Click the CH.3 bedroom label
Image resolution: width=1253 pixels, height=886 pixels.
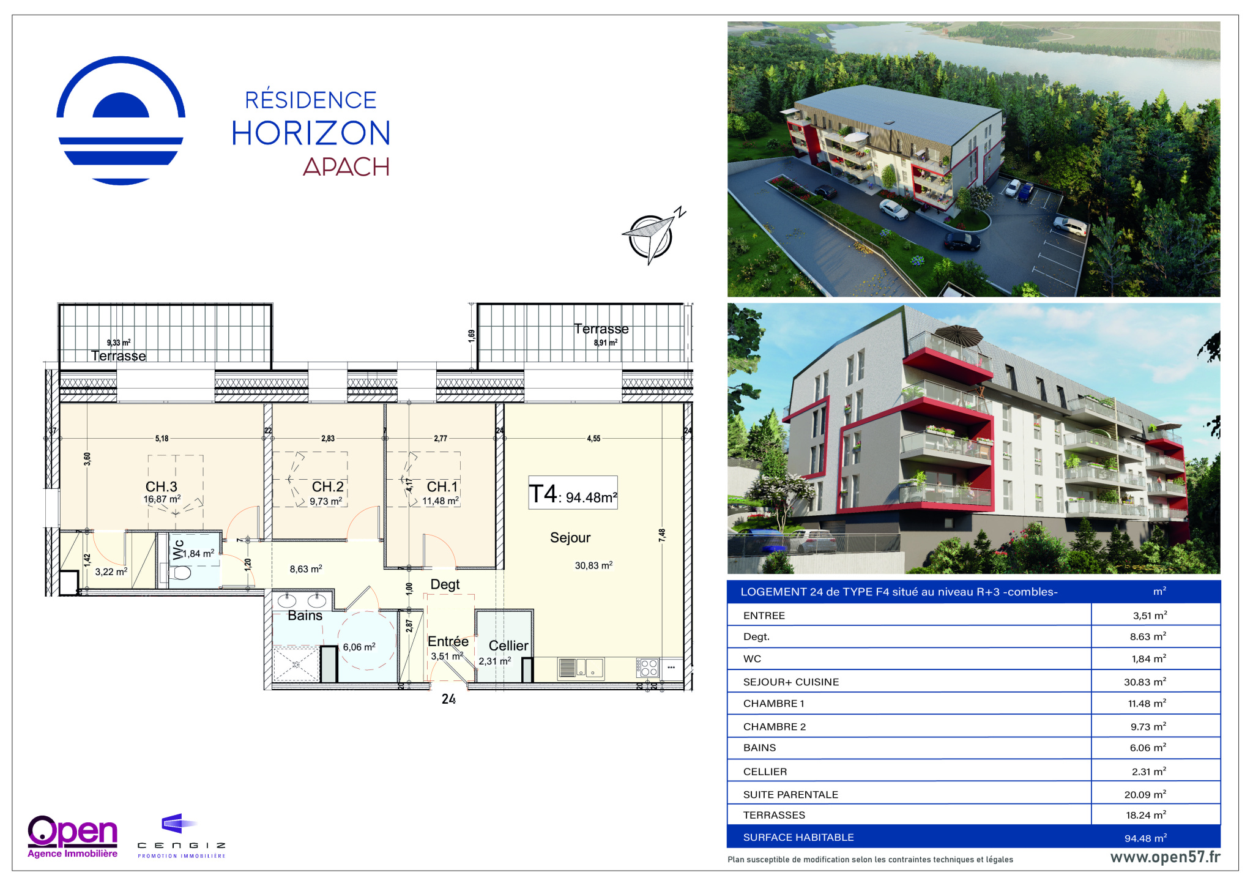point(162,486)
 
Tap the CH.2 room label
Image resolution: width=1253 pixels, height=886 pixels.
point(328,486)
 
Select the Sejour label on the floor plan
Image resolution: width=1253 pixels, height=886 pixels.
point(570,537)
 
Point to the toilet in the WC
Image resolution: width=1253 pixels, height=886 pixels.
point(180,573)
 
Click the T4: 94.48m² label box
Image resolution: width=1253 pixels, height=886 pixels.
point(573,493)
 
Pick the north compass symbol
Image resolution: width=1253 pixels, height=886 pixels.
point(652,236)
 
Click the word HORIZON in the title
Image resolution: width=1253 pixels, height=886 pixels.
point(311,133)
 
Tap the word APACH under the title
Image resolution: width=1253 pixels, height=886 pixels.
point(346,166)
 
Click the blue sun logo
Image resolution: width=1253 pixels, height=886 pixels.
point(121,121)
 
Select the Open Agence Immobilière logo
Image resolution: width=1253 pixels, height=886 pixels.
point(72,836)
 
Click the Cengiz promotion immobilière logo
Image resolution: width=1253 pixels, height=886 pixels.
point(181,836)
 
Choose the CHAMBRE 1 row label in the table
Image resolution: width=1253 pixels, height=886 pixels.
point(773,704)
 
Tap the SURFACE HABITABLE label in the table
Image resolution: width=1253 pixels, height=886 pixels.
point(798,837)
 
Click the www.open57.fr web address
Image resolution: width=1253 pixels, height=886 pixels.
point(1165,857)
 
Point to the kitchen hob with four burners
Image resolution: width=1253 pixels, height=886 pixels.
point(648,668)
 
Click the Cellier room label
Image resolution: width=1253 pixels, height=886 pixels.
point(508,646)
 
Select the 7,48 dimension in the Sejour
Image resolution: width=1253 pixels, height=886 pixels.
point(662,535)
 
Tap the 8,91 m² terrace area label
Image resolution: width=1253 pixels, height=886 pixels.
point(605,343)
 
